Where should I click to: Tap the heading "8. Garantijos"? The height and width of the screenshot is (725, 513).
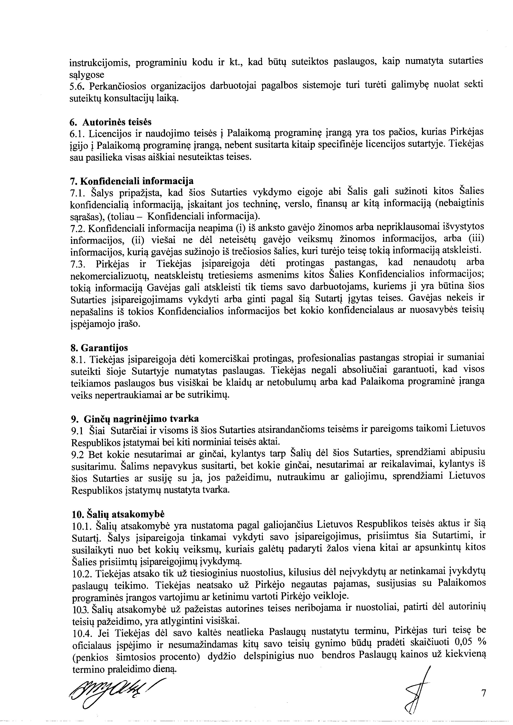(x=99, y=348)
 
